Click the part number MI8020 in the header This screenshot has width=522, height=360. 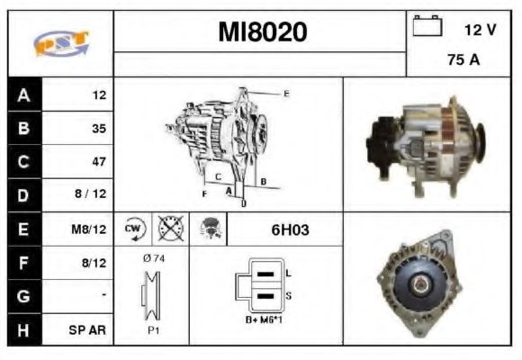(262, 32)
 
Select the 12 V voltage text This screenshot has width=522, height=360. (480, 30)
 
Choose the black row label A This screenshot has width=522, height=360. (22, 94)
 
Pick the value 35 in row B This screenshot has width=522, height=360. (98, 128)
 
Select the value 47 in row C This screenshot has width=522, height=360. (98, 162)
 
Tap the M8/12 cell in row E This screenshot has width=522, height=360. (91, 229)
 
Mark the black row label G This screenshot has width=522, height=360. (22, 296)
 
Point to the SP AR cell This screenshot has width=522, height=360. (87, 329)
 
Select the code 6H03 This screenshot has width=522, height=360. (290, 229)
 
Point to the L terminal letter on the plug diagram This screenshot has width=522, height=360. (289, 272)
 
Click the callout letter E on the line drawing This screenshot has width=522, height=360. (286, 93)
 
